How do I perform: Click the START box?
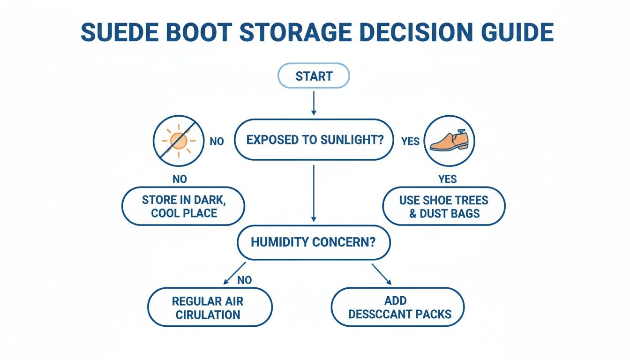(x=314, y=76)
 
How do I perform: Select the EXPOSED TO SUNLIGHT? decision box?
(x=314, y=140)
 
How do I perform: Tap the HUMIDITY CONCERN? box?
(x=314, y=242)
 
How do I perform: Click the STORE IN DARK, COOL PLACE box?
(x=183, y=207)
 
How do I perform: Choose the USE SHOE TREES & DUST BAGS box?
(x=443, y=207)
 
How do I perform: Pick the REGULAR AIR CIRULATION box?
(x=210, y=307)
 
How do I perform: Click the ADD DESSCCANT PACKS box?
(x=397, y=307)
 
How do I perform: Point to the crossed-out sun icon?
(x=179, y=140)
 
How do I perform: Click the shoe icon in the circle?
(x=450, y=140)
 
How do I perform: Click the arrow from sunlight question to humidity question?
(x=314, y=192)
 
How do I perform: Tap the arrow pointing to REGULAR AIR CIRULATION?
(x=234, y=273)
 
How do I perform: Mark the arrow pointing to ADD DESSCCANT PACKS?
(x=382, y=274)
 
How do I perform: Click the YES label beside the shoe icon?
(x=410, y=141)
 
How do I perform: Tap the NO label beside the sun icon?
(x=217, y=141)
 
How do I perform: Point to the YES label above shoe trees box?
(x=448, y=179)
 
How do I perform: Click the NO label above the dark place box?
(x=180, y=179)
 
